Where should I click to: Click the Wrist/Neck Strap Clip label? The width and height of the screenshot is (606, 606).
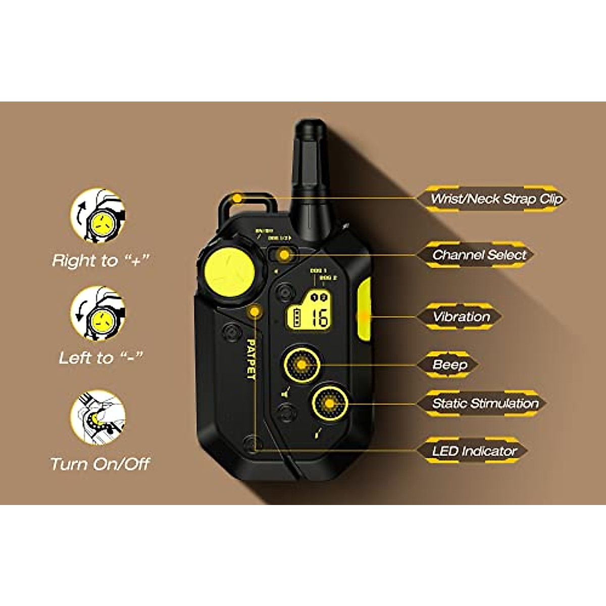pyautogui.click(x=496, y=198)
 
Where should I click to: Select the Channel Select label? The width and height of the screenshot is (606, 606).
pyautogui.click(x=479, y=255)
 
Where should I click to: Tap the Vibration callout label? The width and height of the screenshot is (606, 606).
pyautogui.click(x=461, y=317)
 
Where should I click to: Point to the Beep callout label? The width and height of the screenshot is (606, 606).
pyautogui.click(x=449, y=364)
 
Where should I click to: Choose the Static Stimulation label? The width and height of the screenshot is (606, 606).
pyautogui.click(x=485, y=403)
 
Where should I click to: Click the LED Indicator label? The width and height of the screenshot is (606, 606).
pyautogui.click(x=474, y=451)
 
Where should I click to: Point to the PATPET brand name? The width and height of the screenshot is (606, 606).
pyautogui.click(x=250, y=359)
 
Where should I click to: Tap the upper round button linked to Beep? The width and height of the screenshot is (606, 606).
pyautogui.click(x=301, y=364)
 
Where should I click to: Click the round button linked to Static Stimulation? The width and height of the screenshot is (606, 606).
pyautogui.click(x=329, y=403)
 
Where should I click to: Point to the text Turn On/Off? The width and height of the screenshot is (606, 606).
pyautogui.click(x=100, y=464)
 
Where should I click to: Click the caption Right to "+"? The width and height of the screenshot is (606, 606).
pyautogui.click(x=101, y=260)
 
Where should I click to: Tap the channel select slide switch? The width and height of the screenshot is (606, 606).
pyautogui.click(x=283, y=255)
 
